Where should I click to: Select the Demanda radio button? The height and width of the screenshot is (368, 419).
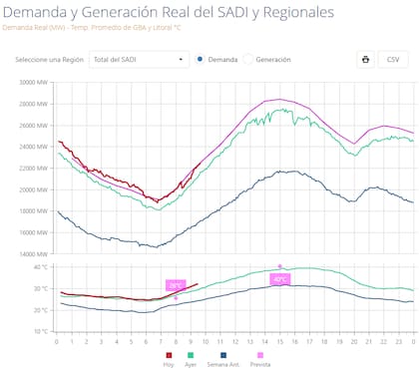[x=201, y=60]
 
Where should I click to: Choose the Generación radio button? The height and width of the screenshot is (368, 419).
[x=248, y=60]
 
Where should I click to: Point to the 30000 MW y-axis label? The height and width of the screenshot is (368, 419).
[x=33, y=82]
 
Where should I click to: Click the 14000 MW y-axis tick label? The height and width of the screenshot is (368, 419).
[x=33, y=253]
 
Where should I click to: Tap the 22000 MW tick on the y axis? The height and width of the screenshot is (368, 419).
[x=33, y=168]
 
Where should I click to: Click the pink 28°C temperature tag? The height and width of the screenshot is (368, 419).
[x=176, y=285]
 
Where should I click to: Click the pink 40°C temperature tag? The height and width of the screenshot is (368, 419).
[x=280, y=279]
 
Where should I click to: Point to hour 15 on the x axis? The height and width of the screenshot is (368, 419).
[x=279, y=342]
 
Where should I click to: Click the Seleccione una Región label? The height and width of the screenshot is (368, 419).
[x=50, y=60]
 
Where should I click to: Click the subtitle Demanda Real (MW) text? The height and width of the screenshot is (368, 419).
[x=31, y=28]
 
